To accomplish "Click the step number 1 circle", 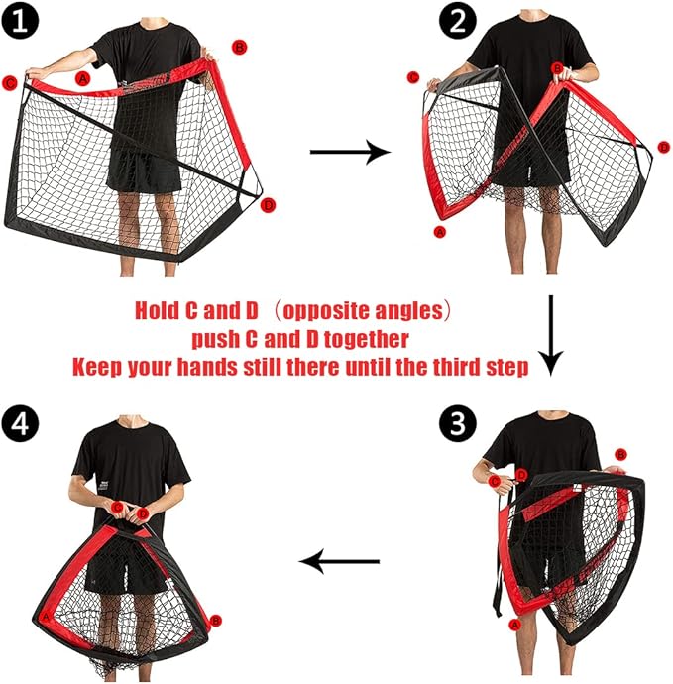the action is click(x=20, y=20).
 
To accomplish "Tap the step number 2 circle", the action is click(x=457, y=21).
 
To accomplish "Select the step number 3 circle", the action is click(x=458, y=423).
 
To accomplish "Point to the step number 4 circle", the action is click(x=20, y=423).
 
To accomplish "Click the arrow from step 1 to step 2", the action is click(x=350, y=152).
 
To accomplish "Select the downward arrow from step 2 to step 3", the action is click(x=551, y=335).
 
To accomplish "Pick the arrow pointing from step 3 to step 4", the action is click(x=339, y=561).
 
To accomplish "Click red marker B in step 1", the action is click(x=240, y=48).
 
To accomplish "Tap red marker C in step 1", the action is click(x=9, y=83).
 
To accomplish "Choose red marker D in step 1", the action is click(x=269, y=205).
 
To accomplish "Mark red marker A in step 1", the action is click(x=82, y=79).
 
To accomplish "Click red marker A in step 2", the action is click(x=440, y=232).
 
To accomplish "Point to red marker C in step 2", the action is click(x=413, y=77).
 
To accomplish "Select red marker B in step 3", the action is click(x=620, y=455).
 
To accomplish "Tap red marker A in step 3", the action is click(x=515, y=626).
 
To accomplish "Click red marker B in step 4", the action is click(x=215, y=621).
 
